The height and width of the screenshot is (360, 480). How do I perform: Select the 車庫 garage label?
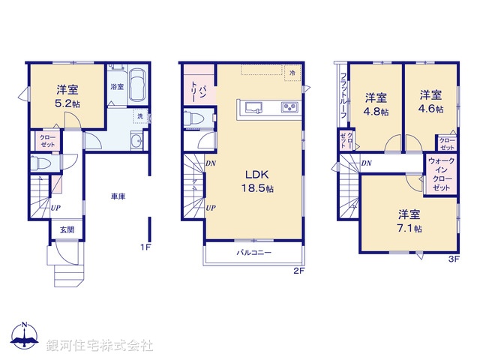click(118, 196)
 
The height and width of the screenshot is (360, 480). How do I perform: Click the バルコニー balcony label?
click(255, 253)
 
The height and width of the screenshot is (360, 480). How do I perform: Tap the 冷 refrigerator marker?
click(293, 72)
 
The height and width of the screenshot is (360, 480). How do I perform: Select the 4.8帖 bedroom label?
click(376, 104)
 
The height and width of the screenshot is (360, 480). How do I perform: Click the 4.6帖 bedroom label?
click(430, 101)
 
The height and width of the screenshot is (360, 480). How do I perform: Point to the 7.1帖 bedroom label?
click(409, 220)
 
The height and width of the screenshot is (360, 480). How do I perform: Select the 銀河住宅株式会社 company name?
click(100, 346)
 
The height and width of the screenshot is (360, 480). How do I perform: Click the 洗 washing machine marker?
click(139, 116)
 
